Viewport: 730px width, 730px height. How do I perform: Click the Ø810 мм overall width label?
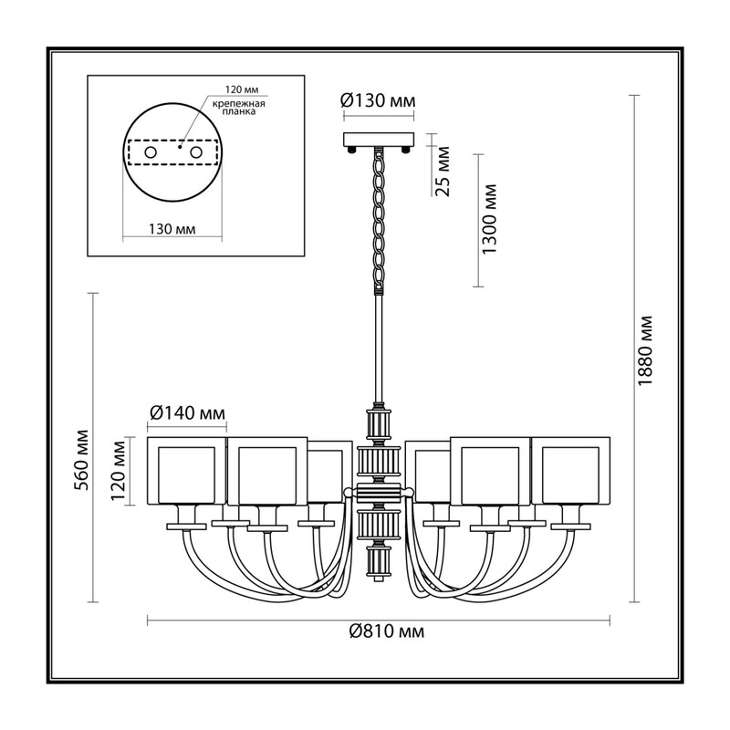click(387, 631)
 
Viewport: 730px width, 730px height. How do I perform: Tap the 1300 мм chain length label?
click(489, 219)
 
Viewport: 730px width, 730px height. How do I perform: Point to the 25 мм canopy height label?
click(443, 172)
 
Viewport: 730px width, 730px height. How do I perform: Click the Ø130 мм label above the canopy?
click(378, 100)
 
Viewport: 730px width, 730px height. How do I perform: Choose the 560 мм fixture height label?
click(82, 460)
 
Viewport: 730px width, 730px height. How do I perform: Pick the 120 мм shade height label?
click(120, 470)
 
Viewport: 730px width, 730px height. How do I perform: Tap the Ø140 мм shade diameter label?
click(188, 412)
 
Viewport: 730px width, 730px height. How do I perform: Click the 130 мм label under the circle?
click(172, 229)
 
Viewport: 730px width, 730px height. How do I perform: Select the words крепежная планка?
click(239, 108)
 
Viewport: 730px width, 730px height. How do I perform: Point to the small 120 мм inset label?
click(242, 89)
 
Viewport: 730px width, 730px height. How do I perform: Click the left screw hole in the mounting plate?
click(150, 152)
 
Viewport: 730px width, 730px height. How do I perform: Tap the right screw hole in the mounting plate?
click(196, 152)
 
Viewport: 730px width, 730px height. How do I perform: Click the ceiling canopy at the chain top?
click(379, 140)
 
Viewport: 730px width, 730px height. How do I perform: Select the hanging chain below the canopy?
click(379, 220)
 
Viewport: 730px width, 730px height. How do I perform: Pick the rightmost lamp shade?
click(570, 471)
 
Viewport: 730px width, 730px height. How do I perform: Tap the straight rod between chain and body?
click(379, 349)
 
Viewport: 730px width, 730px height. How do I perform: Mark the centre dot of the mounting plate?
click(180, 147)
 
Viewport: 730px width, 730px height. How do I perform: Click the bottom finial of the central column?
click(379, 579)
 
